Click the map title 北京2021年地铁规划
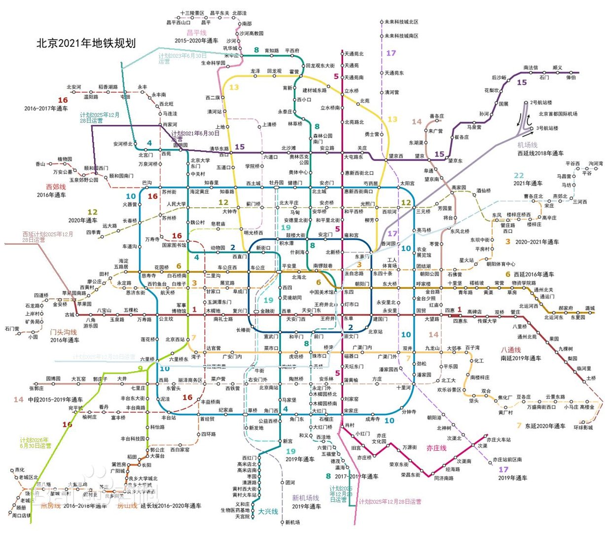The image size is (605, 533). point(86,43)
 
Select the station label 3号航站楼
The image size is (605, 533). point(547,128)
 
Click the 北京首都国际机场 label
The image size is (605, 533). point(558,114)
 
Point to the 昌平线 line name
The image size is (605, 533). point(196,33)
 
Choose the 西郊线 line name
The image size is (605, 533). point(56,187)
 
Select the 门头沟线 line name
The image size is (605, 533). point(64,332)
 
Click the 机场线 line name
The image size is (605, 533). point(527,145)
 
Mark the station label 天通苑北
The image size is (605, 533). point(354,54)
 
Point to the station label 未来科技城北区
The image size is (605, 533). point(401,22)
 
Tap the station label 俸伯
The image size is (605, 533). point(570,77)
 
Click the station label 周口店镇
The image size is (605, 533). point(21,515)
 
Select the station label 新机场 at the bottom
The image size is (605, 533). point(292,522)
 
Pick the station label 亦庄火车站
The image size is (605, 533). point(498,440)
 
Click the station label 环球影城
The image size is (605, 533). point(583,427)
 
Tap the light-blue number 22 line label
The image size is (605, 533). point(519,175)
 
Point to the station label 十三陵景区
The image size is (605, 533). point(192,13)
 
